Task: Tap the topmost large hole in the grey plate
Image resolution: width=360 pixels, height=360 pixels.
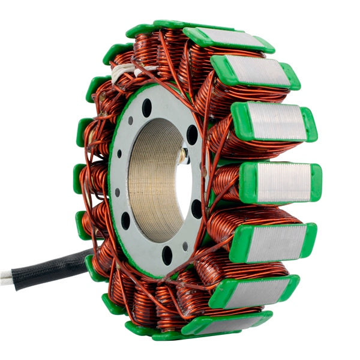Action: point(147,107)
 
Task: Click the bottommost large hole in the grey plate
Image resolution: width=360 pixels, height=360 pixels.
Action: point(167,255)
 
